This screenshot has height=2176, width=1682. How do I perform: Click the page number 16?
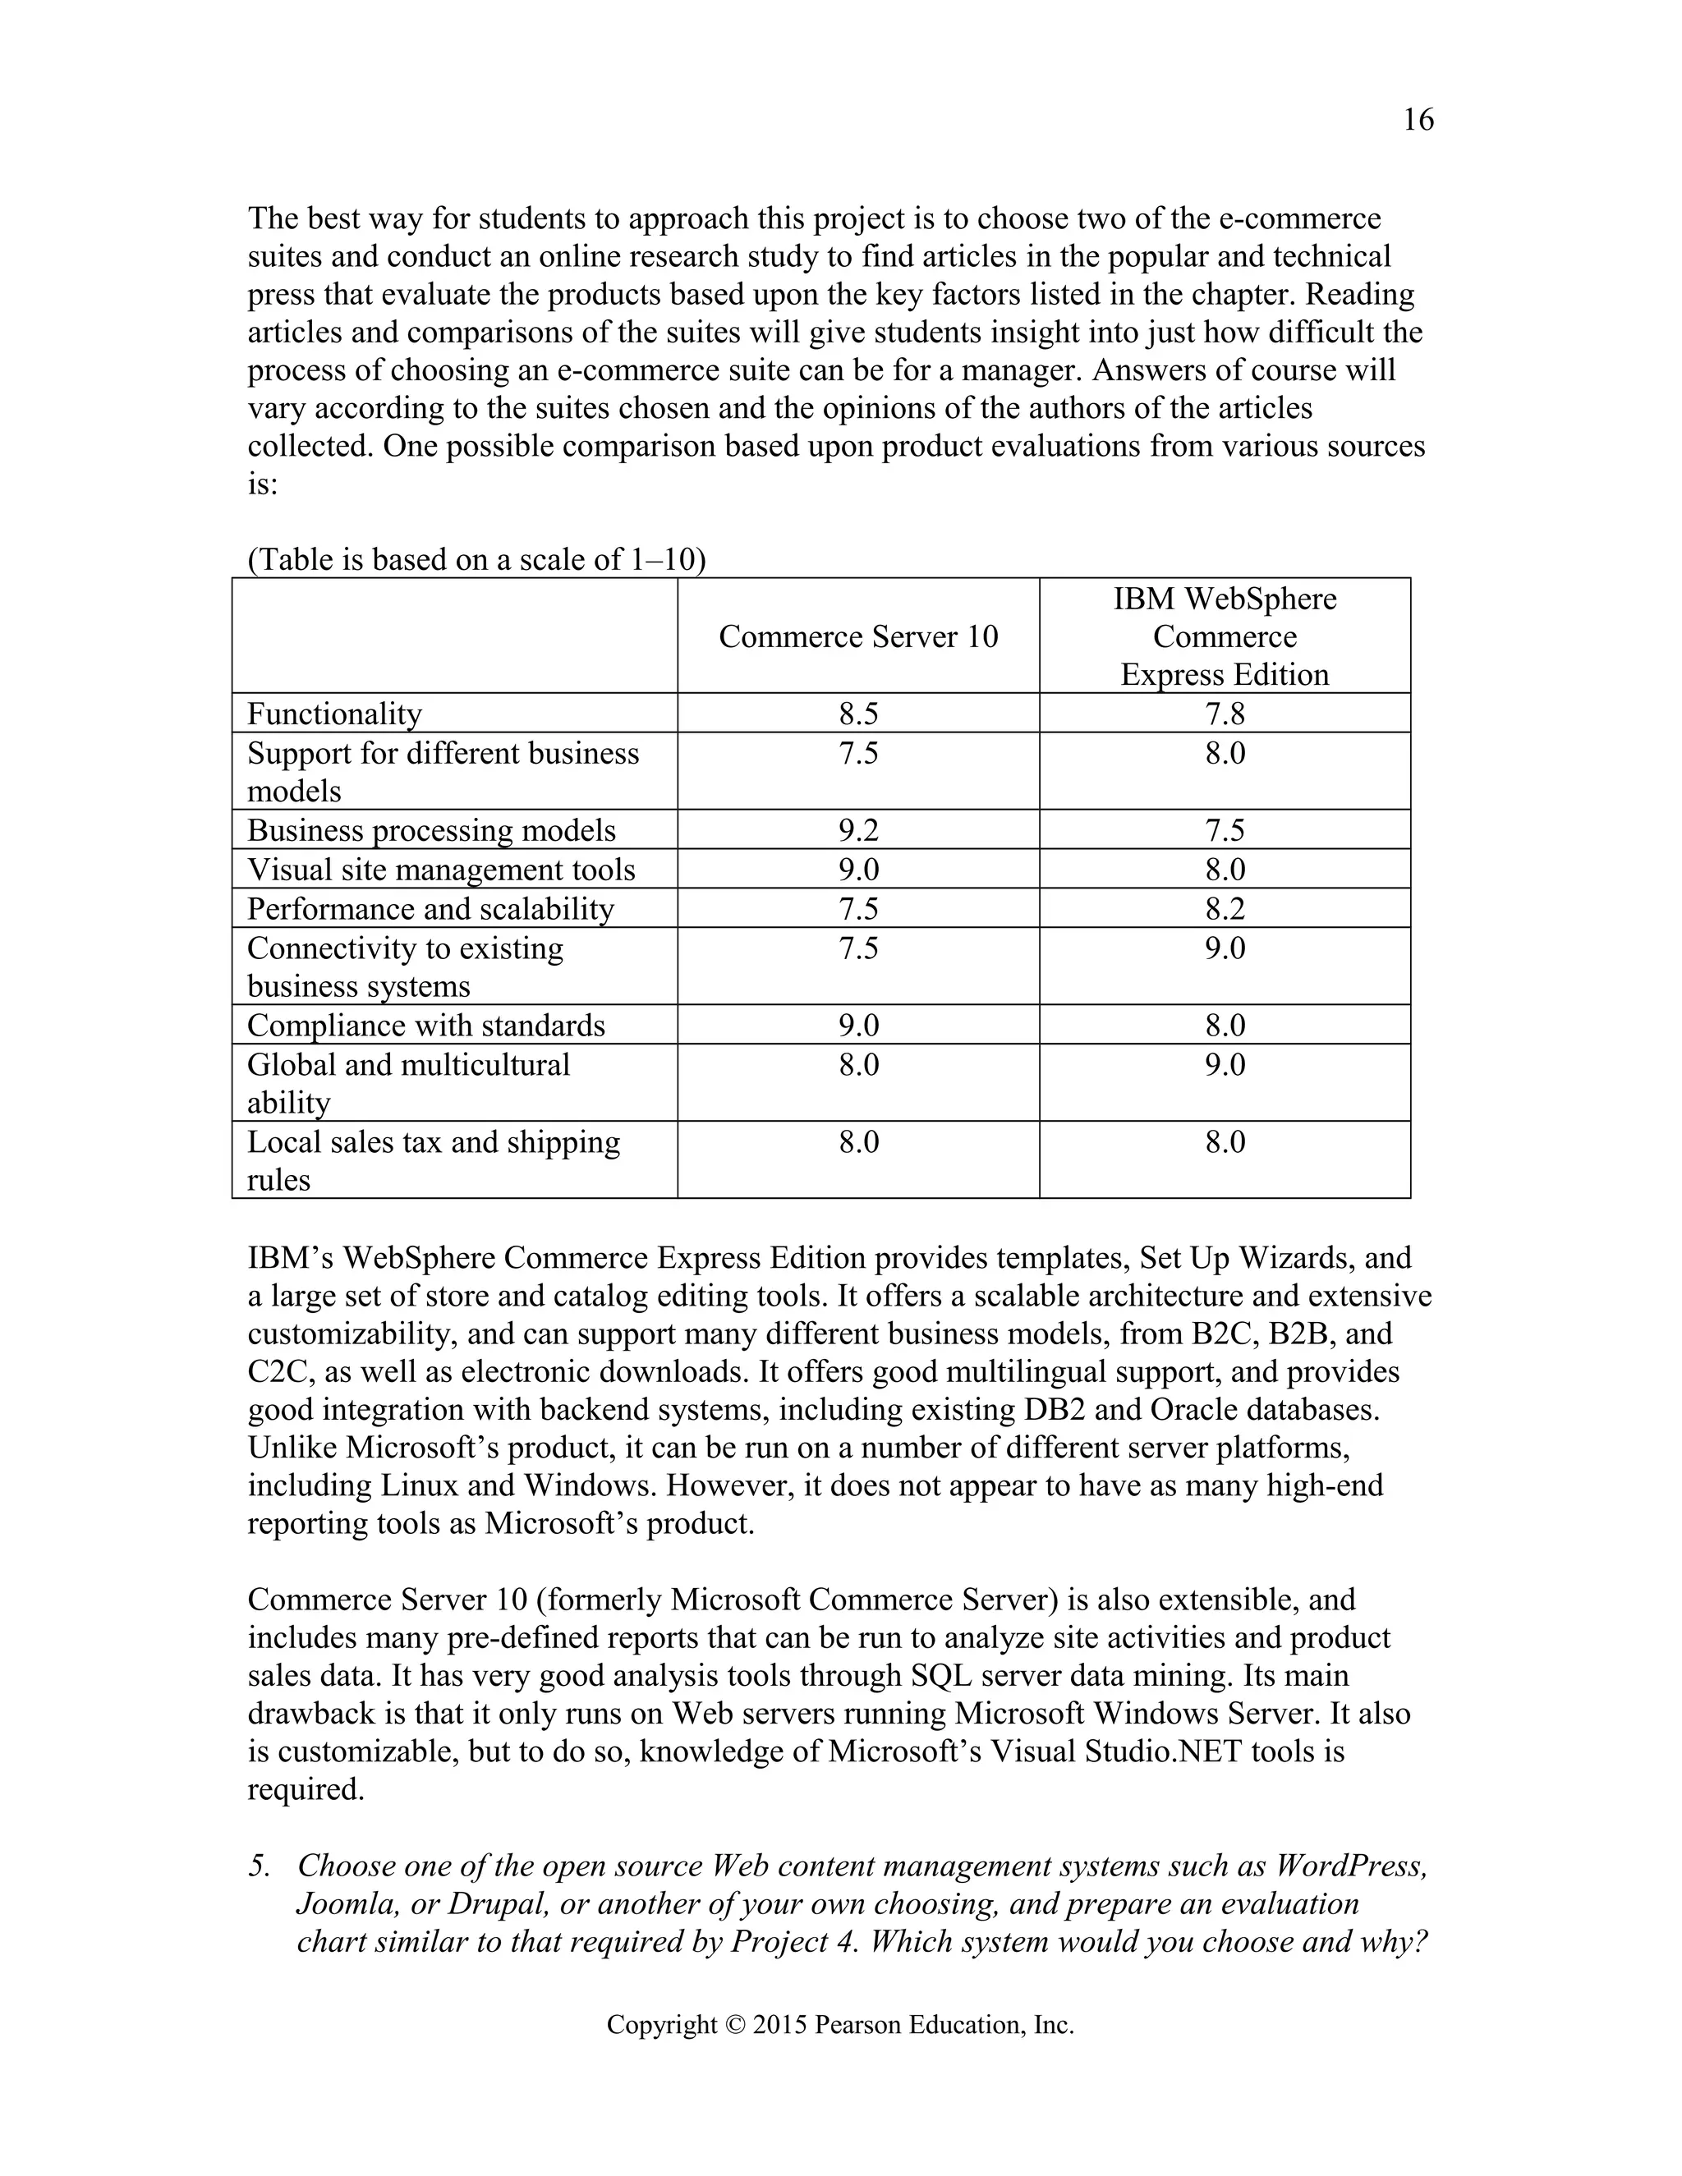[x=1418, y=121]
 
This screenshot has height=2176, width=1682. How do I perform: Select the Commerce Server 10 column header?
[x=858, y=636]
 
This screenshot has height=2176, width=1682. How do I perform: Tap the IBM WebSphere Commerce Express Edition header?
[x=1225, y=636]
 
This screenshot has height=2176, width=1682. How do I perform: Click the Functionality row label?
[x=335, y=714]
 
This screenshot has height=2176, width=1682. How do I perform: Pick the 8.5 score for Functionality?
[x=858, y=714]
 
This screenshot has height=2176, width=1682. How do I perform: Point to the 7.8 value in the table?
[x=1225, y=714]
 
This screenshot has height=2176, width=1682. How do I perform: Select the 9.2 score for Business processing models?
[x=858, y=831]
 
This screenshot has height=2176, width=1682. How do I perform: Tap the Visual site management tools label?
[x=440, y=870]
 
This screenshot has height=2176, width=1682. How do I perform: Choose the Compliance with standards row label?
[x=425, y=1026]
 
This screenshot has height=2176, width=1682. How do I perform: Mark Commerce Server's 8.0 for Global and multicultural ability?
[x=858, y=1065]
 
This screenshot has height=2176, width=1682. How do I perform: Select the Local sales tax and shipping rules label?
[x=433, y=1161]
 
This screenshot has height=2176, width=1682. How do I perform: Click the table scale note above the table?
[x=476, y=560]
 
